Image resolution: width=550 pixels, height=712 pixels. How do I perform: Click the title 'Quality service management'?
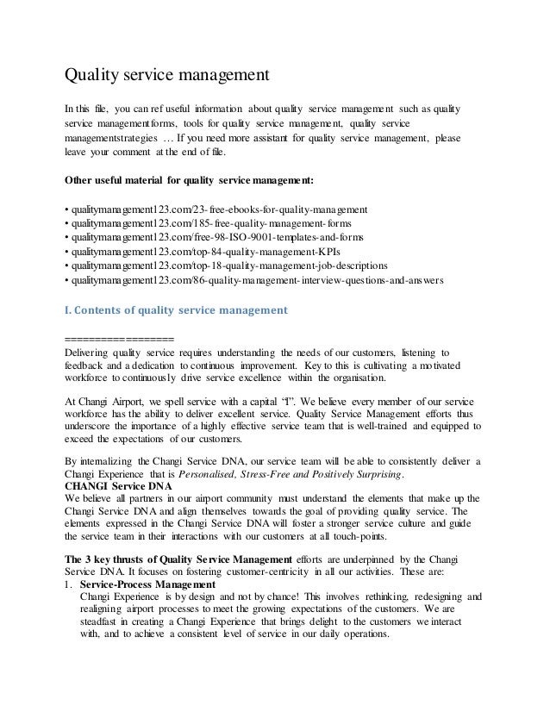[x=168, y=75]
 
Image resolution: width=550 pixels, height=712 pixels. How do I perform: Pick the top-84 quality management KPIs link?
[x=199, y=251]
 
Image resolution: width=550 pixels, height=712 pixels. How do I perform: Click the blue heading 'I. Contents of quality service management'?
[x=177, y=309]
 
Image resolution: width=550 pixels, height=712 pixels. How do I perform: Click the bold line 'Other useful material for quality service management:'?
[x=191, y=181]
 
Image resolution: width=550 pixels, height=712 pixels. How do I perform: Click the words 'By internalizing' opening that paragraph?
[x=99, y=460]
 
